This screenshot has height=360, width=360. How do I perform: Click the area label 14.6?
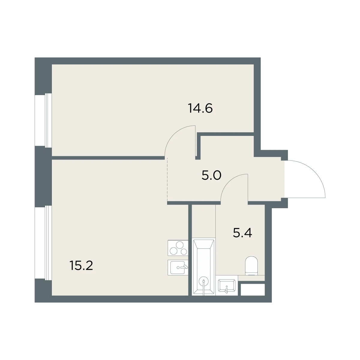click(x=200, y=108)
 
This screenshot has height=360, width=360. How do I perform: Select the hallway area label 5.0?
click(x=211, y=175)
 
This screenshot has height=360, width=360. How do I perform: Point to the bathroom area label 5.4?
click(x=242, y=233)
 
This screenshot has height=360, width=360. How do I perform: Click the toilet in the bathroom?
click(x=251, y=266)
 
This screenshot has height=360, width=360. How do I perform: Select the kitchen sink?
click(x=178, y=268)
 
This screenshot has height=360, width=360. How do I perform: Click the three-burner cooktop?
click(x=178, y=248)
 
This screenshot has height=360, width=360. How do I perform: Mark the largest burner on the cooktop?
click(x=180, y=245)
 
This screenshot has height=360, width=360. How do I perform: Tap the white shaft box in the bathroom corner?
click(x=253, y=290)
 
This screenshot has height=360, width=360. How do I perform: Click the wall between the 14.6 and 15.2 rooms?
click(x=108, y=158)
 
